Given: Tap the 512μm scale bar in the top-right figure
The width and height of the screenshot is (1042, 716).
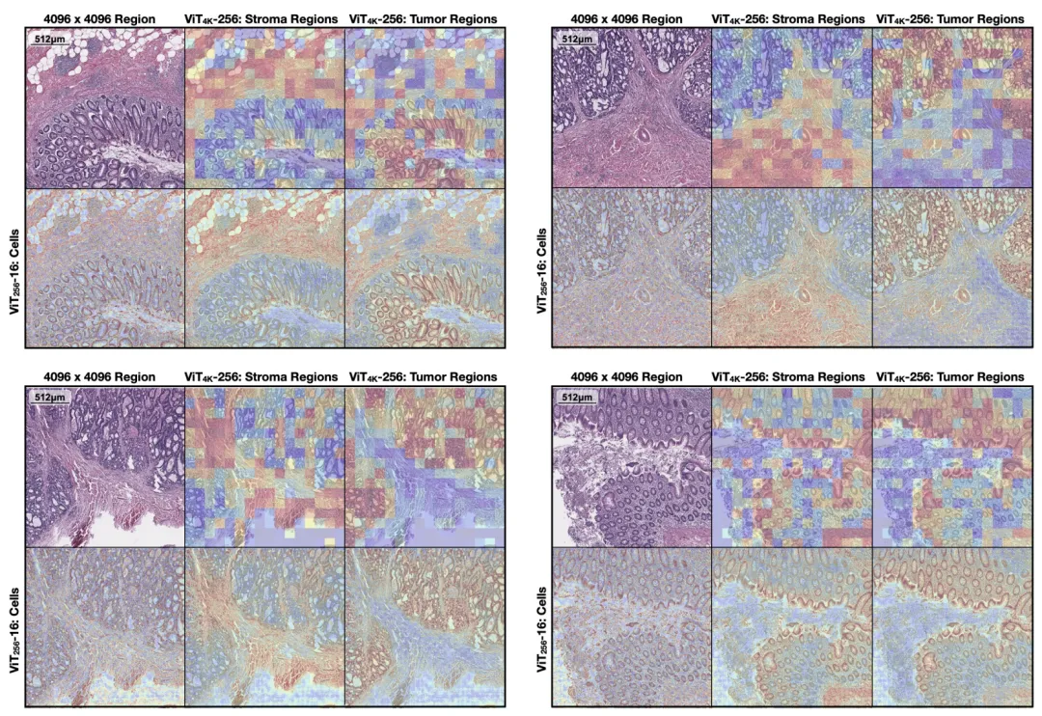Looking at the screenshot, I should click(578, 40).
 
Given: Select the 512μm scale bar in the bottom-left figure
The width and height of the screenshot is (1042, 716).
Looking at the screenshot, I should click(51, 397).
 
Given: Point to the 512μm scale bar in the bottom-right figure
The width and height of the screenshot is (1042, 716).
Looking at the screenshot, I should click(578, 397).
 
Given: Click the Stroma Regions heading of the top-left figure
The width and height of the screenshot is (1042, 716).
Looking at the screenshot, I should click(261, 19).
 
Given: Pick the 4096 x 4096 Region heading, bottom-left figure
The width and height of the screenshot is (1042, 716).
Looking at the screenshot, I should click(104, 376).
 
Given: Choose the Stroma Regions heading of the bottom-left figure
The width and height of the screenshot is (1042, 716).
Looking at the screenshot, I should click(261, 376).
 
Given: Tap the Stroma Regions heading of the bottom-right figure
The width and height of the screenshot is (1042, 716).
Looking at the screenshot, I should click(788, 376).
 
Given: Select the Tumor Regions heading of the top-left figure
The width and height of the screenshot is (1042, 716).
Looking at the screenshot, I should click(424, 19).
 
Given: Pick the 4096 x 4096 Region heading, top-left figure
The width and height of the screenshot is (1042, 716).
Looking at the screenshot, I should click(104, 19).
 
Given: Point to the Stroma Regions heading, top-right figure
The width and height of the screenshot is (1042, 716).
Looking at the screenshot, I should click(788, 19).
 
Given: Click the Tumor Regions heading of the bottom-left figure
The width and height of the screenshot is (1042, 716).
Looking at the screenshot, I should click(424, 376).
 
